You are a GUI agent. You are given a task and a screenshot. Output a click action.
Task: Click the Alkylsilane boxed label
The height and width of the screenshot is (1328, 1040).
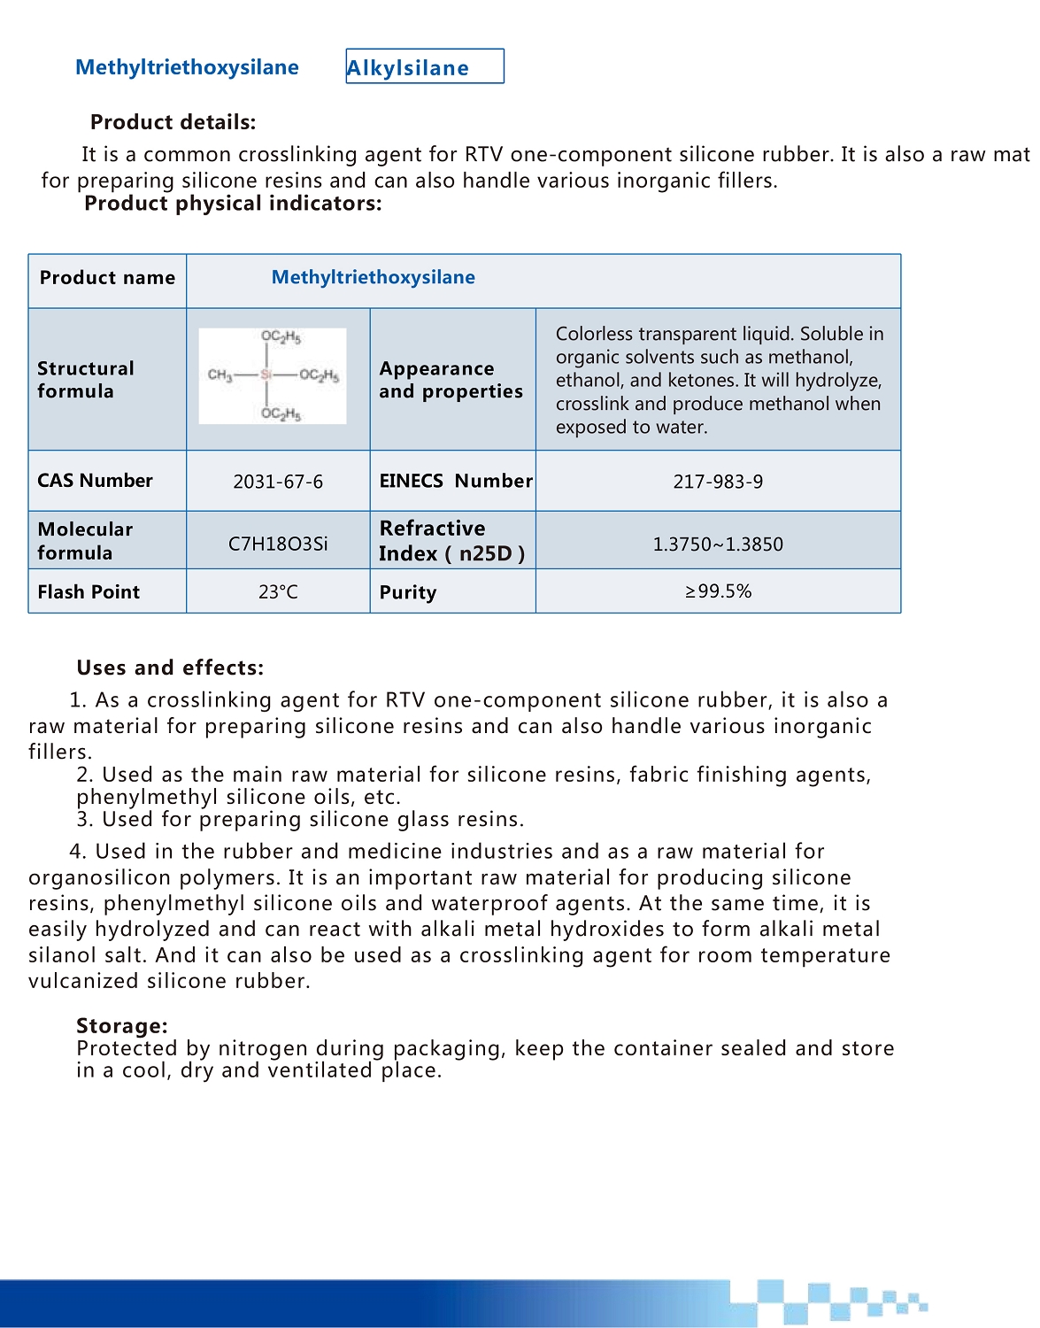(424, 67)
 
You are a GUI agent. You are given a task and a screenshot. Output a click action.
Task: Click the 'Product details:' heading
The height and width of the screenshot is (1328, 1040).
(173, 122)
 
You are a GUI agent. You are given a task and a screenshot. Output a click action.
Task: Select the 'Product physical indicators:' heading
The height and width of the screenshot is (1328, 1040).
(233, 204)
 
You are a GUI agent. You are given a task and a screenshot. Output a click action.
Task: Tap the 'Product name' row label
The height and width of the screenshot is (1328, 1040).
(107, 278)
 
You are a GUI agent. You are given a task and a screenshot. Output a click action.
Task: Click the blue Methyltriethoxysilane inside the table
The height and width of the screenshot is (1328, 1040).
(373, 278)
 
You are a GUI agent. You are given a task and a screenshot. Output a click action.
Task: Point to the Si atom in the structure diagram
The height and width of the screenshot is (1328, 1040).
(266, 374)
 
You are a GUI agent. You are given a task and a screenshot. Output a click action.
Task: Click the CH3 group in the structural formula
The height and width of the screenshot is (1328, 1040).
(220, 375)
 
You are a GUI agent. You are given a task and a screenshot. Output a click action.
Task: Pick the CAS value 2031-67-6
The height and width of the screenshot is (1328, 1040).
(278, 482)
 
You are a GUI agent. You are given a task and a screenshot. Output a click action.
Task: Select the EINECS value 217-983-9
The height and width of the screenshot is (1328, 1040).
(718, 482)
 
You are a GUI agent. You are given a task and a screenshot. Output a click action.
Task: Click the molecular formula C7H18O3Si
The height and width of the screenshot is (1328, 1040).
(278, 544)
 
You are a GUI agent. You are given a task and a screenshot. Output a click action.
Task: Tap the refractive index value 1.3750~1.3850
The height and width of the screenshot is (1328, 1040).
(718, 544)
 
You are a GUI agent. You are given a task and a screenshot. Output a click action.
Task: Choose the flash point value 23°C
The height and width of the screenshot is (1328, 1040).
(278, 591)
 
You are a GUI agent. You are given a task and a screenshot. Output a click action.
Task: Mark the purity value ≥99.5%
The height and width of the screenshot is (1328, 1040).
(718, 591)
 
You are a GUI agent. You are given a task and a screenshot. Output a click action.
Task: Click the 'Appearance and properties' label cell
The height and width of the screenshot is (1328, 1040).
(451, 380)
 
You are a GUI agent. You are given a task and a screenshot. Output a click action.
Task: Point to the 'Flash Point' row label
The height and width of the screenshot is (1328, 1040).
(89, 591)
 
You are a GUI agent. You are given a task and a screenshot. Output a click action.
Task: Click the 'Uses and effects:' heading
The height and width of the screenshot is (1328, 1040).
(170, 668)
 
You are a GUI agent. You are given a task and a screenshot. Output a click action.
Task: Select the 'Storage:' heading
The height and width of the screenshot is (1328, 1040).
(122, 1026)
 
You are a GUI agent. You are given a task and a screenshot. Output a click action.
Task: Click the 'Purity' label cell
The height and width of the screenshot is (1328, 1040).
(408, 592)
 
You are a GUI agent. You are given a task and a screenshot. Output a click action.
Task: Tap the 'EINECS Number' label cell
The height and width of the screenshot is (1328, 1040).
(455, 481)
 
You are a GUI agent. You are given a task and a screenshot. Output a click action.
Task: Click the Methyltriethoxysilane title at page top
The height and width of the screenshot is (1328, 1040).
(187, 67)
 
